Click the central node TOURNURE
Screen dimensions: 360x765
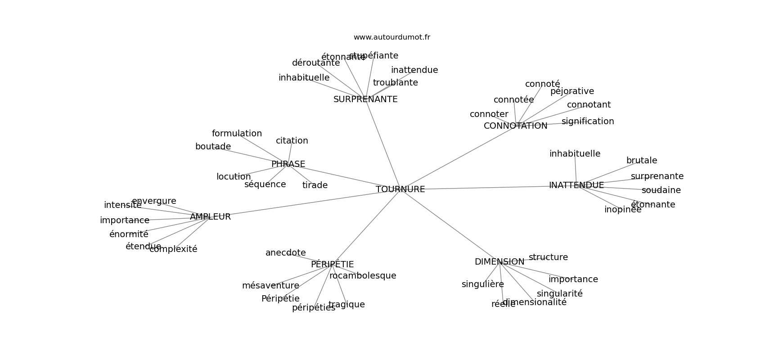[x=400, y=189]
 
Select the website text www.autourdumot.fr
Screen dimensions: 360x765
[x=391, y=37]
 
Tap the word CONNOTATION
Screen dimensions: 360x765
[x=515, y=126]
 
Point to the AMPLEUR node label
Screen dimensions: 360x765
[x=210, y=217]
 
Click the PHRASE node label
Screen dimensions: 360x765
[x=288, y=164]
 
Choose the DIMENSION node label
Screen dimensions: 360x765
[x=499, y=262]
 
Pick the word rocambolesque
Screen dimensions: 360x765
[x=362, y=276]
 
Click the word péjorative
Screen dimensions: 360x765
[x=572, y=91]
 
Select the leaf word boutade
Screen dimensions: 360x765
[x=213, y=147]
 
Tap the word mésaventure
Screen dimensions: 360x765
[x=270, y=286]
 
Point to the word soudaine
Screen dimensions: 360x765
[x=661, y=190]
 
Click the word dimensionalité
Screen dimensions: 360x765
[x=534, y=302]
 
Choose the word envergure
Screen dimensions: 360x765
[x=154, y=201]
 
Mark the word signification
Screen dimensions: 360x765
[x=587, y=121]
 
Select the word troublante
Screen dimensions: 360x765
[x=395, y=83]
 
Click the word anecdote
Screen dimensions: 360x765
[x=285, y=253]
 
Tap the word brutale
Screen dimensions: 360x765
[x=641, y=161]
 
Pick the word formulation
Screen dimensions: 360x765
[x=237, y=134]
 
